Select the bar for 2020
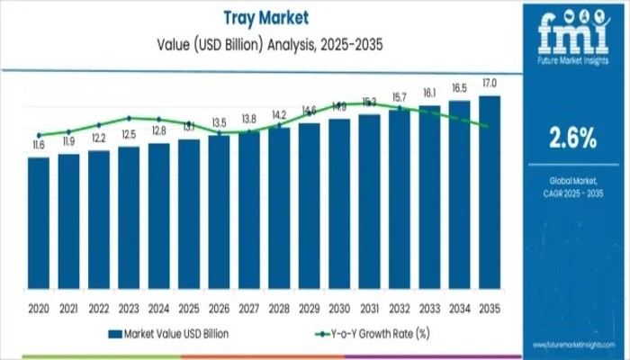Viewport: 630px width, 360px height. point(39,225)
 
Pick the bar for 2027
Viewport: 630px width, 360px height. point(248,211)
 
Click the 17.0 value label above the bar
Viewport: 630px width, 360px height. point(489,84)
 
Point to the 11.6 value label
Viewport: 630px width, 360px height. point(38,145)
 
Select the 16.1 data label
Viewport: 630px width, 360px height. point(428,93)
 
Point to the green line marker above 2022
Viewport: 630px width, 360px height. point(99,124)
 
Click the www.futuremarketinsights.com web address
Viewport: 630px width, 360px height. point(571,345)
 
